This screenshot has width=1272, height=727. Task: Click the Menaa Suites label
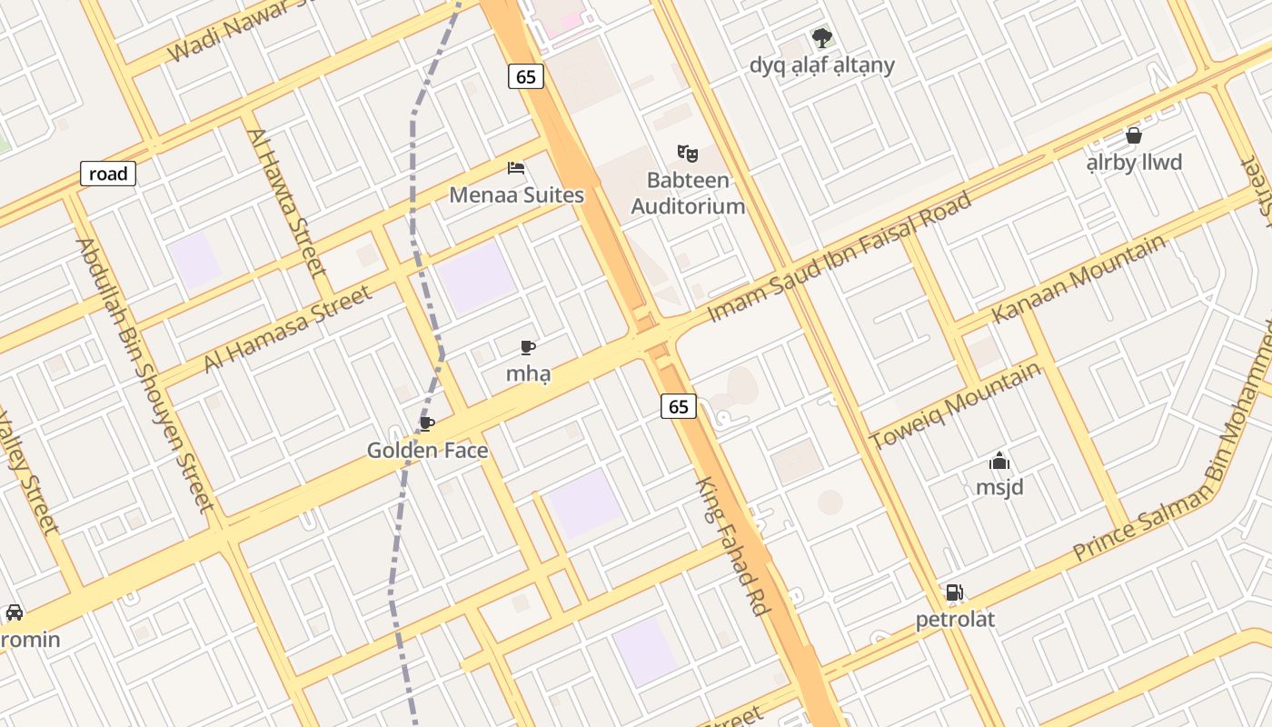pos(516,195)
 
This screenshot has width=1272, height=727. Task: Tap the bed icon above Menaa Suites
pos(516,168)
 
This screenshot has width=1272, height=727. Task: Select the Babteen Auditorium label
pos(688,193)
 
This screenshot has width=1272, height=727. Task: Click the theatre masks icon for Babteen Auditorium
pos(687,153)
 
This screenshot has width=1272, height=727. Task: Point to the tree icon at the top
pos(822,38)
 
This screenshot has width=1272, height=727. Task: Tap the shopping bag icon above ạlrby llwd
pos(1134,135)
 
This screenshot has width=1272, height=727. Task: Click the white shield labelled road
pos(108,174)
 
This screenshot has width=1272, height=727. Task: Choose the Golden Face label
pos(427,451)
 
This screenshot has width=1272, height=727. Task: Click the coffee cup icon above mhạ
pos(528,347)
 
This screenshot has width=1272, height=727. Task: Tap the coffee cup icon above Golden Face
pos(427,423)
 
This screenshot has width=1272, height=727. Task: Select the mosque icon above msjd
pos(999,462)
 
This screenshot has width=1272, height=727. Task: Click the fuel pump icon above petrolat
pos(954,593)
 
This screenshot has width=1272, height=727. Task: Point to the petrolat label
pos(955,620)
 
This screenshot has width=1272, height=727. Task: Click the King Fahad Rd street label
pos(732,545)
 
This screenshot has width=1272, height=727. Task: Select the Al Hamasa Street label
pos(287,328)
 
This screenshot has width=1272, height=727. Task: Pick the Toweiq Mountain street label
pos(955,405)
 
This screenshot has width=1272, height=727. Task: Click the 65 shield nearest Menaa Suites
pos(526,77)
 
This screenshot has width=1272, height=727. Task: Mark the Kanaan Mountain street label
pos(1078,278)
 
